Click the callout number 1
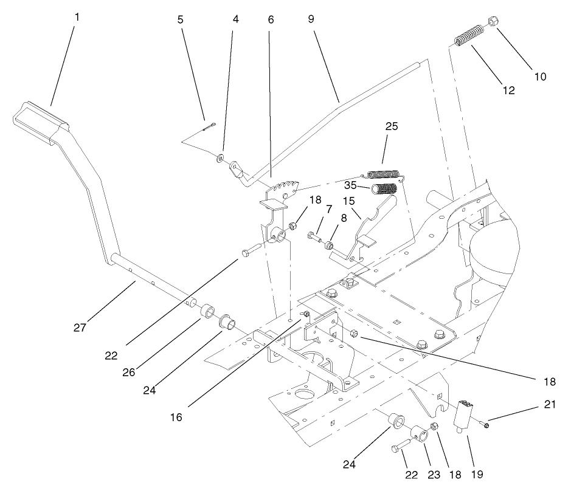point(77,17)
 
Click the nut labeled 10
point(493,22)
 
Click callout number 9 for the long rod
point(311,19)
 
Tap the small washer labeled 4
point(220,158)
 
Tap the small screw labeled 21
point(486,425)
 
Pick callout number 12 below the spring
point(509,91)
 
